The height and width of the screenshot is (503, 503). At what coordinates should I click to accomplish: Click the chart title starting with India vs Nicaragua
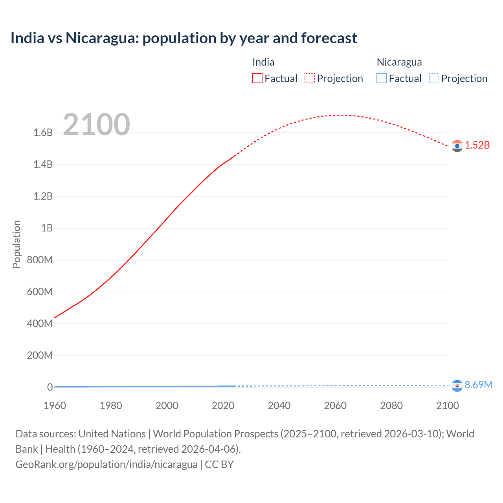[184, 38]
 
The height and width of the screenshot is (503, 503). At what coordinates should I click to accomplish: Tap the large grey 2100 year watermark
[96, 125]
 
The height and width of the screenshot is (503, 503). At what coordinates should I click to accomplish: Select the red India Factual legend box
[257, 79]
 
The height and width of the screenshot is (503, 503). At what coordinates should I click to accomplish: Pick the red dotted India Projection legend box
[310, 79]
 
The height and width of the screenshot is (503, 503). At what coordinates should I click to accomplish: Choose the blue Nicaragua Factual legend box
[382, 79]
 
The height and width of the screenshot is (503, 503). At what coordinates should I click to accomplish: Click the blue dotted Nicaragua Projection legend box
[434, 79]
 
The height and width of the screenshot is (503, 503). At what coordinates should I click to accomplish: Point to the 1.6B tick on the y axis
[43, 132]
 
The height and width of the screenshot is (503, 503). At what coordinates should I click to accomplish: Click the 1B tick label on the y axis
[47, 228]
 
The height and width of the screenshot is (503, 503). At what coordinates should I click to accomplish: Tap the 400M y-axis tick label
[40, 323]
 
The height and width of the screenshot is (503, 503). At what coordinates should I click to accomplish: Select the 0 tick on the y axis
[50, 387]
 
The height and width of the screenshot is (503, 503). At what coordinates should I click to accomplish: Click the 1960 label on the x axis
[55, 406]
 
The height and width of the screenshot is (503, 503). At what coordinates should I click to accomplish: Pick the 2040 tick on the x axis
[279, 406]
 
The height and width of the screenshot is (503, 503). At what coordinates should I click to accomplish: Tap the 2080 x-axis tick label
[391, 406]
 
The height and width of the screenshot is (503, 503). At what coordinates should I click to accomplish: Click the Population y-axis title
[17, 244]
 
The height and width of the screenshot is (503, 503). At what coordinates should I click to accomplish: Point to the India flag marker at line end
[457, 146]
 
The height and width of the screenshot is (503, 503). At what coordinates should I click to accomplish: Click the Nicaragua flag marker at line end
[457, 386]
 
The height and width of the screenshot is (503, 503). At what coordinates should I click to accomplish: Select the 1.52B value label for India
[477, 145]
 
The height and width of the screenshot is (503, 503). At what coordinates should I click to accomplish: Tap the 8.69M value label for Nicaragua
[478, 385]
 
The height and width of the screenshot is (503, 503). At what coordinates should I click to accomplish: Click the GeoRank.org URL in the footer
[106, 464]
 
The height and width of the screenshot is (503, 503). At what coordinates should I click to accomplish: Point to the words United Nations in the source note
[112, 434]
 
